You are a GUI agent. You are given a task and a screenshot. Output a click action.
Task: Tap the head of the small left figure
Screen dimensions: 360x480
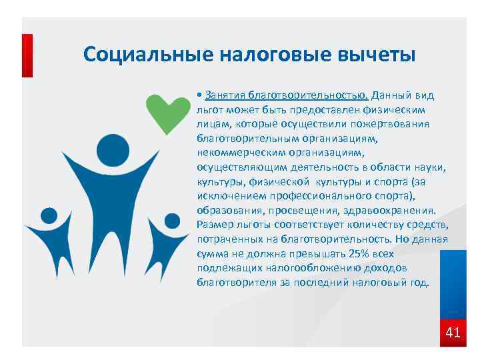tap(49, 216)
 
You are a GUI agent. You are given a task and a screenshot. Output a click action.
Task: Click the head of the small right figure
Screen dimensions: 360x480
tap(173, 221)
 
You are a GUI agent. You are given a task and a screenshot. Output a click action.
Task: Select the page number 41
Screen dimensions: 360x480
tap(453, 332)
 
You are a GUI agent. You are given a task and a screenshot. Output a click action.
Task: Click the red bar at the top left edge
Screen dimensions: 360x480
tap(27, 56)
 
